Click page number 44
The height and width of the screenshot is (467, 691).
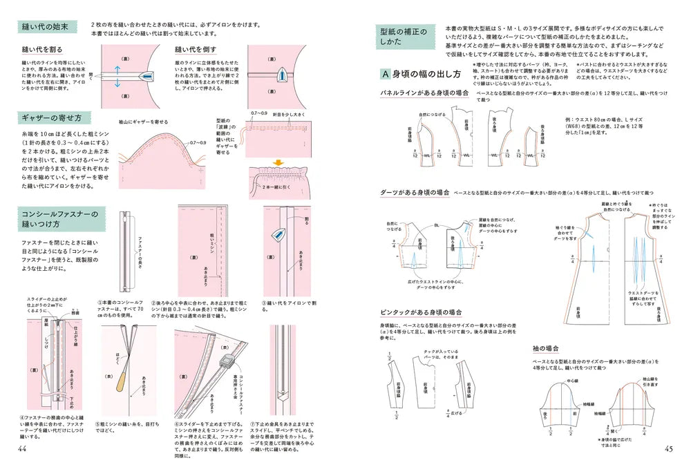click(23, 449)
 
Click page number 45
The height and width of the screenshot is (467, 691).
click(668, 449)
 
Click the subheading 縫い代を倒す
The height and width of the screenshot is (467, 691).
click(198, 50)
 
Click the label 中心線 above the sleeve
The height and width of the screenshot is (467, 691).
click(573, 380)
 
